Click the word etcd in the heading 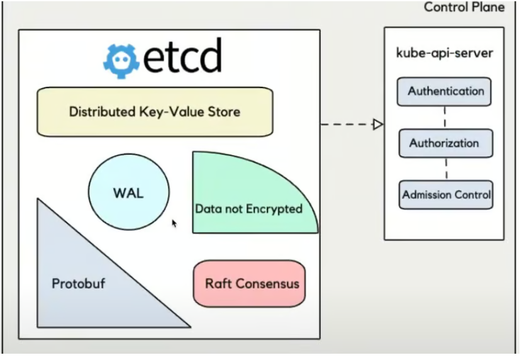click(182, 57)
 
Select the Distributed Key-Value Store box click(155, 113)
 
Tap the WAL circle click(128, 193)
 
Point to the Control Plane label click(464, 8)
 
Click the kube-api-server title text click(444, 53)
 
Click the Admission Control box click(446, 195)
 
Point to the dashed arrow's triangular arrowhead click(377, 124)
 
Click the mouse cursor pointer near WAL click(174, 223)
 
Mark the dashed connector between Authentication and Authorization click(445, 118)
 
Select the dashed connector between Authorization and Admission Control click(447, 169)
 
